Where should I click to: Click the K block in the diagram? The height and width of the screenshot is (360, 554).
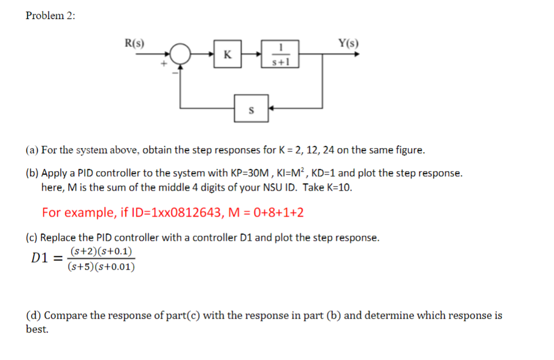[x=227, y=55]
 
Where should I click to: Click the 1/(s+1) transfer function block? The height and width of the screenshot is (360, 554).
[x=280, y=55]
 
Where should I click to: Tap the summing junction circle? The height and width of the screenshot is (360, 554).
[x=181, y=55]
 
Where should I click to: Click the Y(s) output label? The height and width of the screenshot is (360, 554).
[x=348, y=42]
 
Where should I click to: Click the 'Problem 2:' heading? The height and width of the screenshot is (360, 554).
[x=50, y=16]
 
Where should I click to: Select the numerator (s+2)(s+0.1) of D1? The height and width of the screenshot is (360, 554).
[x=101, y=251]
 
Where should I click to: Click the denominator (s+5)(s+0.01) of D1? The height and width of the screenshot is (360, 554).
[x=101, y=267]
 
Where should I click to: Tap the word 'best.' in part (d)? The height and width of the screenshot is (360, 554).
[x=37, y=329]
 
